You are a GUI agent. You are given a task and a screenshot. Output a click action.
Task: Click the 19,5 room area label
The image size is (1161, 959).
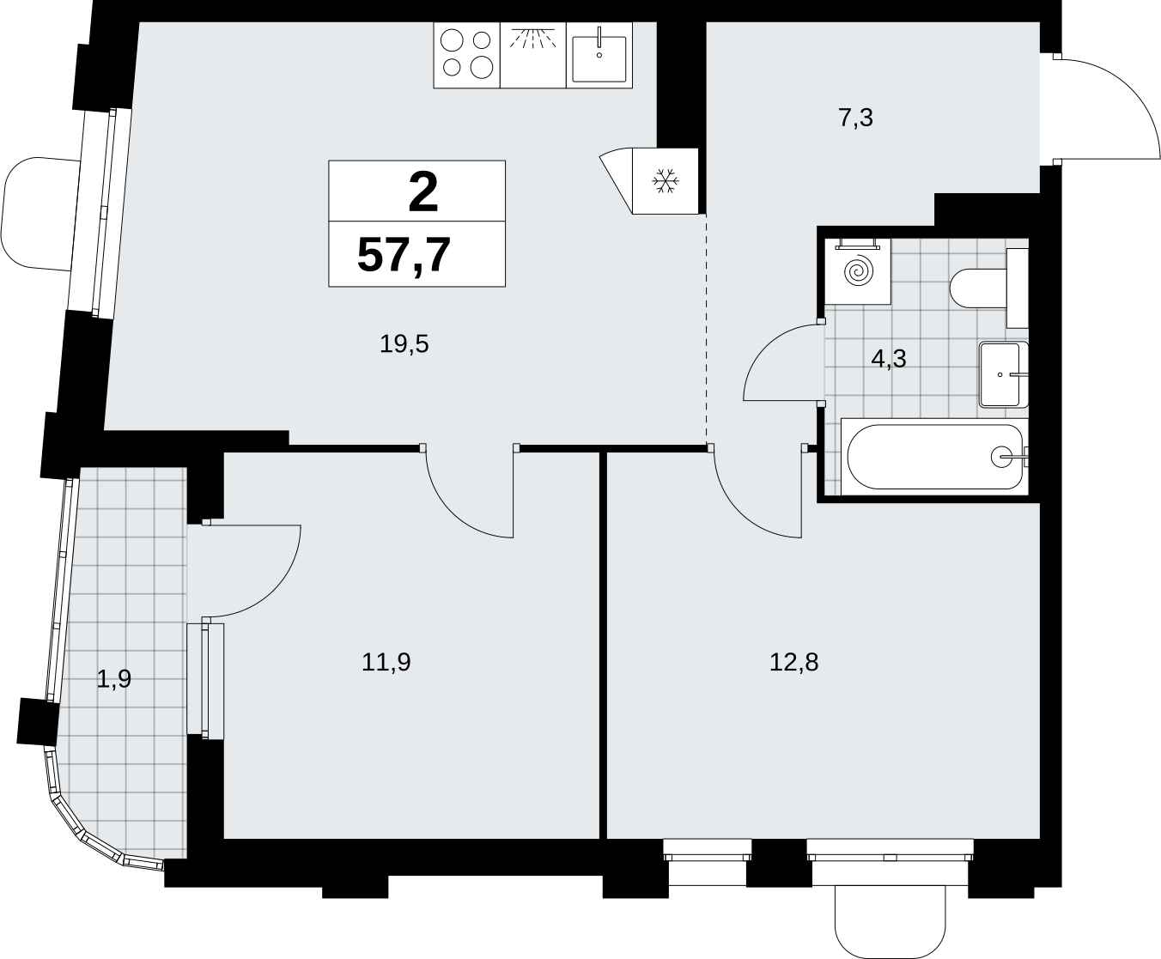tap(404, 344)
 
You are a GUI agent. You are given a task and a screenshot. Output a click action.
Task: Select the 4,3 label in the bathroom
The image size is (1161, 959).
tap(889, 359)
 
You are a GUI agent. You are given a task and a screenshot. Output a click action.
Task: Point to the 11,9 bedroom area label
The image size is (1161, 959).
tap(386, 663)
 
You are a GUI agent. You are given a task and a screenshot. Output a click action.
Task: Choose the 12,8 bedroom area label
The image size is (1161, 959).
tap(793, 663)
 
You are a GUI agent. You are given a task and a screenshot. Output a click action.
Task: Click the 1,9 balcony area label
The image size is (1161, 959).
tap(114, 679)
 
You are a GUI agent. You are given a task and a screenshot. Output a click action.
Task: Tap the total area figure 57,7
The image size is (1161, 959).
tap(404, 255)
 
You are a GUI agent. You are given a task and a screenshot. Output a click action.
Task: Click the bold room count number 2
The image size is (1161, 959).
tap(423, 191)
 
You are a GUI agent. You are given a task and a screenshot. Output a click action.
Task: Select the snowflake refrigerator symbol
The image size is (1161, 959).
tap(666, 181)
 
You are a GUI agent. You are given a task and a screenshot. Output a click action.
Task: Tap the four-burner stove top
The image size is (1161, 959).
tap(467, 55)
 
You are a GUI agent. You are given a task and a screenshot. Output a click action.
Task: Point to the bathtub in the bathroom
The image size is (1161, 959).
tap(935, 457)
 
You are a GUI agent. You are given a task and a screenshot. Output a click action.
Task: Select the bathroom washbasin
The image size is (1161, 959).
tap(1004, 374)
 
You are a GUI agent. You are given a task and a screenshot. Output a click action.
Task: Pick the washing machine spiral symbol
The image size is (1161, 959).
tap(858, 270)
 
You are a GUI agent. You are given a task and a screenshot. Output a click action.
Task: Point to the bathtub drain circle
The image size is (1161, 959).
tap(1001, 457)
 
